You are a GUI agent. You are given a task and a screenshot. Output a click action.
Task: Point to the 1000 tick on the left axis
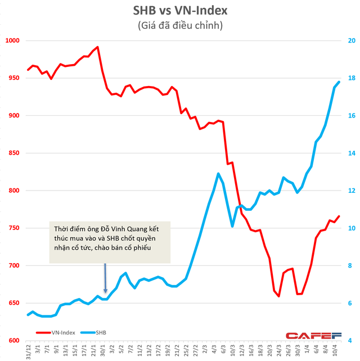coord(12,40)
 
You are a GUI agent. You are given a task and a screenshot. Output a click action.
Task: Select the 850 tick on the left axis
coord(13,153)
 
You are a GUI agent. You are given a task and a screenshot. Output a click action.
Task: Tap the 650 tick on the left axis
coord(13,303)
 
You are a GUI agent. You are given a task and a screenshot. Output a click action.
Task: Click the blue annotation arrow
coord(105,278)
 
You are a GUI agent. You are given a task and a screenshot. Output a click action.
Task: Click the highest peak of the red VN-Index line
coord(97,47)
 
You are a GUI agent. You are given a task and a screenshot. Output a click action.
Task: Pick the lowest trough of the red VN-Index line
coord(279,296)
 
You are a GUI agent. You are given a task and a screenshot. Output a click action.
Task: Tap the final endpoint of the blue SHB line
coord(339,82)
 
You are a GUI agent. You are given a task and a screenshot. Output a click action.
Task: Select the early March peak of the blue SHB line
coord(218,173)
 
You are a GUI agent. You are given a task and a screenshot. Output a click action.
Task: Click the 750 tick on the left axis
coord(13,228)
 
